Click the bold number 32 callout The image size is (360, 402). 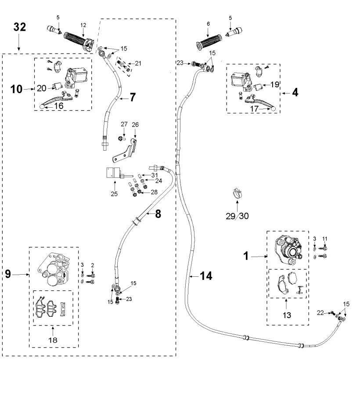[20, 27]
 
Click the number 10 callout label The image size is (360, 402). [17, 89]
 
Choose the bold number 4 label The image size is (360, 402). [295, 92]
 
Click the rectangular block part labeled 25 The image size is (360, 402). [114, 173]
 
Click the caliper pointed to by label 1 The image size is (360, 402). [288, 250]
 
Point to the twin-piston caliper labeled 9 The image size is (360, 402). [53, 269]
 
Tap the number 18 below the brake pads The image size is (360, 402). [53, 340]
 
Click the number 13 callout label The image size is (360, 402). [287, 315]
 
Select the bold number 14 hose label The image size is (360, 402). [206, 276]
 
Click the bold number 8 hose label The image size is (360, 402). [158, 214]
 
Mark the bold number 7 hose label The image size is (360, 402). [133, 97]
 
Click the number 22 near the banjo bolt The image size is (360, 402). [320, 313]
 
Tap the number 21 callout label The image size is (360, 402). [138, 63]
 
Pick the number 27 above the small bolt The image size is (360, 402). [124, 124]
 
